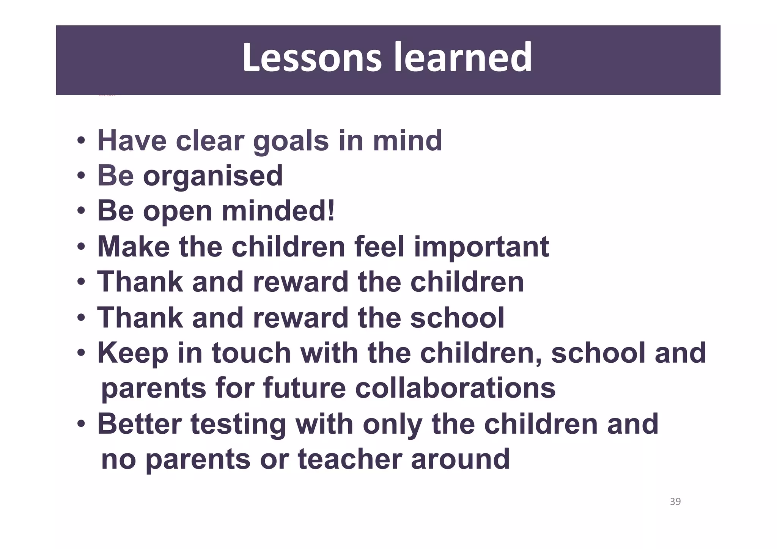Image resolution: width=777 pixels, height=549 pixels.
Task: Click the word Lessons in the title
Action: click(311, 58)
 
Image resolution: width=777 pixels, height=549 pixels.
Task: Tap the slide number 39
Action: click(675, 502)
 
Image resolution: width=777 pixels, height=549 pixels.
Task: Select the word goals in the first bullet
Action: click(291, 141)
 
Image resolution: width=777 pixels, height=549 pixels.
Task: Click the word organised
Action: click(213, 176)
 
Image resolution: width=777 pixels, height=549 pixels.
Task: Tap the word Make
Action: click(134, 247)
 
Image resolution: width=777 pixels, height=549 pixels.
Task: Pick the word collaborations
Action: click(455, 388)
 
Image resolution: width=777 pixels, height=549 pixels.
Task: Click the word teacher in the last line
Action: click(350, 459)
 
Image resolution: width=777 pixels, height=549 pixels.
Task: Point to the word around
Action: click(460, 459)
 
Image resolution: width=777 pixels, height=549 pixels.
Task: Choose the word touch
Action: click(251, 353)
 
